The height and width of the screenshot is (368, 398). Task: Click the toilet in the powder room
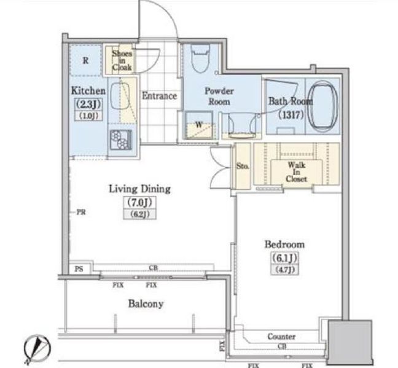pyautogui.click(x=200, y=58)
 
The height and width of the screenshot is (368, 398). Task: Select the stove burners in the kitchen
pyautogui.click(x=121, y=139)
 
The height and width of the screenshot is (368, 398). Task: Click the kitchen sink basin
pyautogui.click(x=120, y=96)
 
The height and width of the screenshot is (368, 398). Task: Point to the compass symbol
pyautogui.click(x=37, y=349)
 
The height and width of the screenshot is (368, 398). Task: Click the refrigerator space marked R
pyautogui.click(x=86, y=60)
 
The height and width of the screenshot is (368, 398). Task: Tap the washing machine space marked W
pyautogui.click(x=199, y=125)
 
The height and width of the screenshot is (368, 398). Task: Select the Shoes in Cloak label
pyautogui.click(x=122, y=60)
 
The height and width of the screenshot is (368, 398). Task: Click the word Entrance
pyautogui.click(x=160, y=96)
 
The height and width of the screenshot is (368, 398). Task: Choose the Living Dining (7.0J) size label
pyautogui.click(x=139, y=202)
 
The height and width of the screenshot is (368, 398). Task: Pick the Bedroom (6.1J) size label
pyautogui.click(x=284, y=258)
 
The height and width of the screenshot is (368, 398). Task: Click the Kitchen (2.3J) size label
pyautogui.click(x=88, y=104)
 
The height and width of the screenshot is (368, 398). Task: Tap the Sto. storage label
pyautogui.click(x=243, y=166)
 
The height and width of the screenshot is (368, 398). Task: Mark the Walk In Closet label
pyautogui.click(x=296, y=172)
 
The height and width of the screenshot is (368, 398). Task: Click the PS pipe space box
pyautogui.click(x=79, y=268)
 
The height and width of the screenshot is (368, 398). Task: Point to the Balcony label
pyautogui.click(x=146, y=303)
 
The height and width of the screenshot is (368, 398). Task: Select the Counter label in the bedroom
pyautogui.click(x=281, y=337)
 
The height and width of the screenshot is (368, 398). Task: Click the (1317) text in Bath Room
pyautogui.click(x=291, y=115)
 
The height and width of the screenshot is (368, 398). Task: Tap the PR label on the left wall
pyautogui.click(x=81, y=212)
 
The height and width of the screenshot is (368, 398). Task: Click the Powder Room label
pyautogui.click(x=219, y=96)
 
